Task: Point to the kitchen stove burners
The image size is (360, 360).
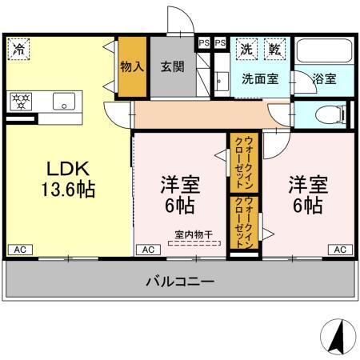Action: click(x=20, y=101)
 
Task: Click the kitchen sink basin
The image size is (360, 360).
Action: click(x=64, y=102)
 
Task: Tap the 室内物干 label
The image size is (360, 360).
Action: click(x=194, y=234)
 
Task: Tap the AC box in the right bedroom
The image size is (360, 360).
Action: click(x=340, y=250)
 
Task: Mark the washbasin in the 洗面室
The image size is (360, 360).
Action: click(x=221, y=80)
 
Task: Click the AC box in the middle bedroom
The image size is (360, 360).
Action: click(x=148, y=250)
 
